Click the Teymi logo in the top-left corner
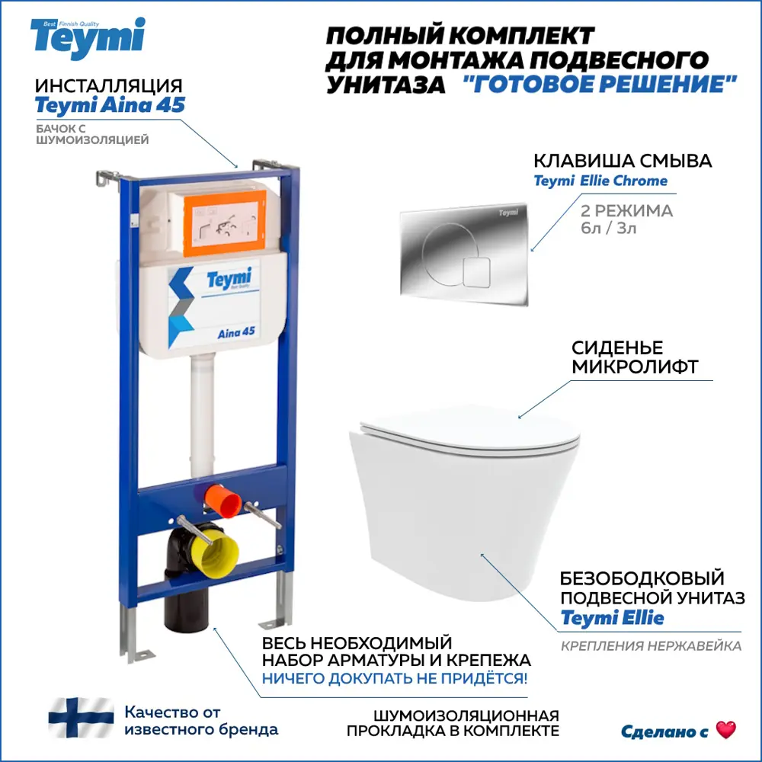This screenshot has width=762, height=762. point(88,38)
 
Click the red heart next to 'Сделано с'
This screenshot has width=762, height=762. point(726,730)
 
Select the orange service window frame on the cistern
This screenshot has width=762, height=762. point(225,223)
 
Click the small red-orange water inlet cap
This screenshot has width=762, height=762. point(223,501)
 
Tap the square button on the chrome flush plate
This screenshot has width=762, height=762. point(476,273)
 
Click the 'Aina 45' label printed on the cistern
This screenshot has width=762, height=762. point(236,333)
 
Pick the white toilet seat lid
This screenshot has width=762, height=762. point(469,430)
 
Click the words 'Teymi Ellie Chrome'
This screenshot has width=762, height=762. point(600,181)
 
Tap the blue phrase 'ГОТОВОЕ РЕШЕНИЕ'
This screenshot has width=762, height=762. point(600,84)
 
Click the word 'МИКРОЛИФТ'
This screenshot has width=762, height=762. point(635,367)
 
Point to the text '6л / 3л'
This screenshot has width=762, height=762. point(608,228)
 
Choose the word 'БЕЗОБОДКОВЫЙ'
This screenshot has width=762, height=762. point(642,578)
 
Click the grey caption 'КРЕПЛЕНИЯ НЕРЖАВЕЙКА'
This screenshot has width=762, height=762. point(652,646)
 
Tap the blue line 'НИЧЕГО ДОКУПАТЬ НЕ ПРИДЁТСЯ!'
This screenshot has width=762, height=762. point(395,678)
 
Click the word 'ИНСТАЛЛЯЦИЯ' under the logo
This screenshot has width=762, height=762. point(109,86)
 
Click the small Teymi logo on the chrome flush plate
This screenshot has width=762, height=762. point(508,213)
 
